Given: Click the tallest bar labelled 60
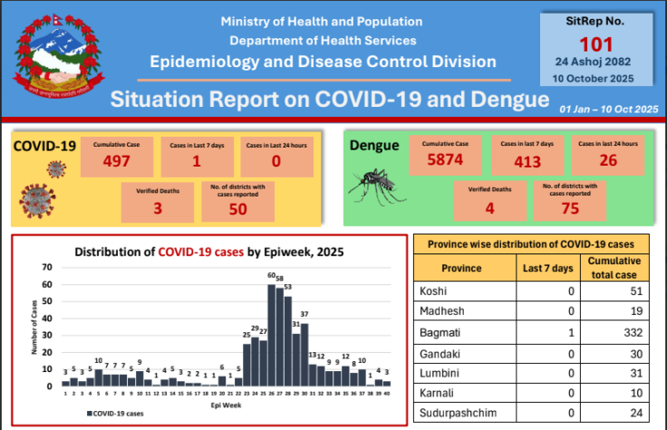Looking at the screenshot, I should point(271,335).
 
